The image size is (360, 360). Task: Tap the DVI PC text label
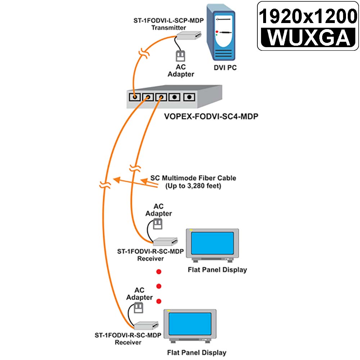(x=225, y=68)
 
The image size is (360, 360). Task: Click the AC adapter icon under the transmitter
(x=180, y=56)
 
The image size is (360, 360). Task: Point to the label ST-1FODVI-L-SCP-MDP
(x=168, y=21)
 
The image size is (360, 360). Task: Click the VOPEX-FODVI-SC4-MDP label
(x=211, y=116)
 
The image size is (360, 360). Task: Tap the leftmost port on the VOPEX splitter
(x=135, y=97)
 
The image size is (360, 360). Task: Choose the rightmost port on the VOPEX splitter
(x=189, y=97)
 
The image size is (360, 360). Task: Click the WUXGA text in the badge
(x=309, y=37)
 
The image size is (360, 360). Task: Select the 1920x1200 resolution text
(x=308, y=16)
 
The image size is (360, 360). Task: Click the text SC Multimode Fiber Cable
(x=193, y=178)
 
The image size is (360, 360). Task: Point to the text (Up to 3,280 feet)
(x=193, y=186)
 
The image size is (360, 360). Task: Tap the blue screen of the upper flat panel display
(x=212, y=243)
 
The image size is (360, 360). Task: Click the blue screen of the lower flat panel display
(x=190, y=324)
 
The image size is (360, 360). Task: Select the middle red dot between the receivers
(x=159, y=286)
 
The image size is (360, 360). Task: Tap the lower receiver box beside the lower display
(x=146, y=325)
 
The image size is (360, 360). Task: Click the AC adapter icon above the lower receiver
(x=139, y=308)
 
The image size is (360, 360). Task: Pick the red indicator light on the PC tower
(x=217, y=32)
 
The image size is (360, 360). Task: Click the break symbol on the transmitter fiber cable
(x=144, y=54)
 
